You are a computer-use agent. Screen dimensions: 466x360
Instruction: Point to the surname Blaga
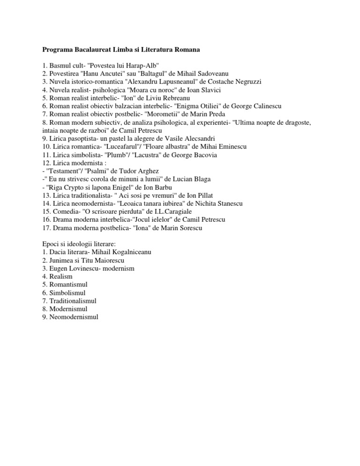(213, 180)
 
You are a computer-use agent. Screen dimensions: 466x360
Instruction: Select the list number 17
(46, 229)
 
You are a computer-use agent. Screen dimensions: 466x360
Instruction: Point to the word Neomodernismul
(74, 317)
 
